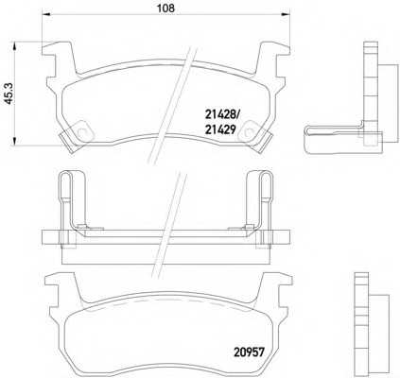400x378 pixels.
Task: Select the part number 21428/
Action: tap(224, 110)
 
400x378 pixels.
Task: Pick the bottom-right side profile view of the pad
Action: tap(364, 317)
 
